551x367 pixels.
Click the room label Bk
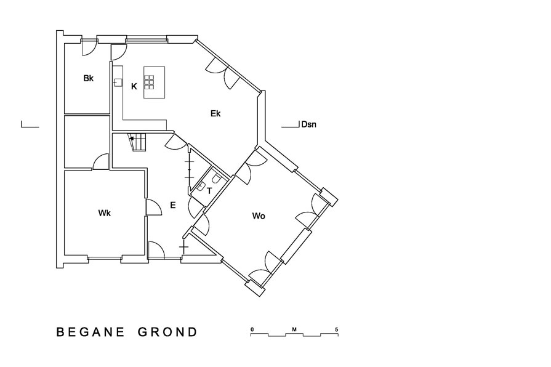pos(89,78)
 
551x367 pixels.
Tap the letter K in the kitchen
pos(134,86)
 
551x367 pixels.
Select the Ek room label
pos(215,113)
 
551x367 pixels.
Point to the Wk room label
pos(105,213)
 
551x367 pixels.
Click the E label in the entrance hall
pos(172,205)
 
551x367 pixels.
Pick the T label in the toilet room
pos(209,191)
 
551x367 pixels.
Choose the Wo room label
pos(259,216)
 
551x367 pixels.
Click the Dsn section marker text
pos(309,124)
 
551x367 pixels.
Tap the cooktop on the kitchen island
pos(149,82)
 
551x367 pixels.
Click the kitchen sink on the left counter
pos(118,83)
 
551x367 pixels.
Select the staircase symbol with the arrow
pos(138,142)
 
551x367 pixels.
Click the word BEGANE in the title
pos(91,332)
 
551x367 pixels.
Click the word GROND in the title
pos(167,332)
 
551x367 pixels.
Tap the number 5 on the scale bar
pos(337,329)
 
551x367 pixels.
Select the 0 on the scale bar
pos(252,329)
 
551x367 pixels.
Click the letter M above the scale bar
pos(294,329)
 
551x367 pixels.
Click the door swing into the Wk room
pos(154,208)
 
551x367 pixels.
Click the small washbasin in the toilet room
pos(201,187)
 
